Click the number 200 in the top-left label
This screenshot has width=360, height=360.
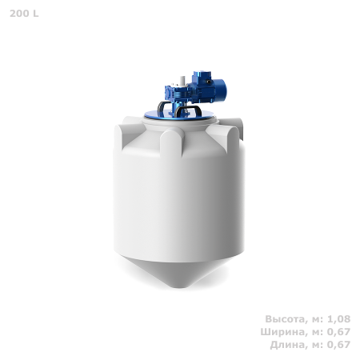[17, 14]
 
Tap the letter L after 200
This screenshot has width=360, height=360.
[34, 14]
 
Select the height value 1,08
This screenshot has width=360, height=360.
[338, 319]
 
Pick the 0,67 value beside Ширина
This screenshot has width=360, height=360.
[338, 332]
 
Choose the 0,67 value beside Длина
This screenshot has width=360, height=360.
[338, 345]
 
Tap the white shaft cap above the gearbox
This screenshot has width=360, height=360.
[183, 78]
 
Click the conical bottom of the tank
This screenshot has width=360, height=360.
[180, 276]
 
